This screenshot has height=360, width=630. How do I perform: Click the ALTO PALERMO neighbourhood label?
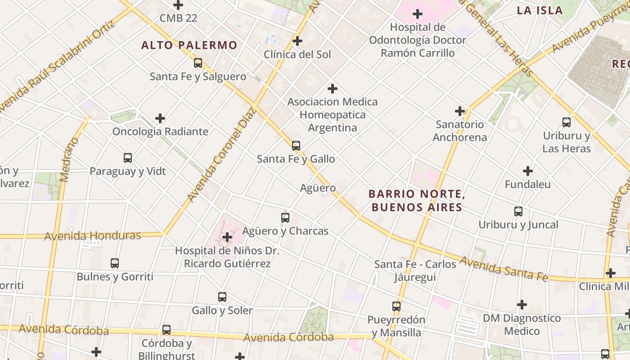pos(189,45)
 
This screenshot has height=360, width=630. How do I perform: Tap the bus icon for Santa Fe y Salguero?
pos(198,63)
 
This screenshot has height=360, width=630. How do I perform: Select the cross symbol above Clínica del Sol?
pos(297,41)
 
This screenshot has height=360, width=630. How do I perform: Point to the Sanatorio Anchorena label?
pos(459,130)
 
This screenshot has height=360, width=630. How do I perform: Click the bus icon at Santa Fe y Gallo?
pos(296,146)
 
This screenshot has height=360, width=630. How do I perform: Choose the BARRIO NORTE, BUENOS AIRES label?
pos(416,201)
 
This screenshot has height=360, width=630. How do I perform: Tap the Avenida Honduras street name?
pos(93,236)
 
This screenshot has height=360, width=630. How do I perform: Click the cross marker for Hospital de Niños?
pos(227,237)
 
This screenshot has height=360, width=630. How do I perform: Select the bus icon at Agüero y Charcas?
pos(285,218)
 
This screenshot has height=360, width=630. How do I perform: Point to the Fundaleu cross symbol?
pos(527,171)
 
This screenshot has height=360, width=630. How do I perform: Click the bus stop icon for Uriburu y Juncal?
pos(518,211)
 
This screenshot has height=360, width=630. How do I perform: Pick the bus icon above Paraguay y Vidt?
pos(128,158)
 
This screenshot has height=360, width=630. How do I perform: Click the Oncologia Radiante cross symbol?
pos(160,118)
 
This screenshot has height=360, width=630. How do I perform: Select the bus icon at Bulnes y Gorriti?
pos(115,263)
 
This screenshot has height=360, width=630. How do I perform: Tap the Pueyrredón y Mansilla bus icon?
pos(396,306)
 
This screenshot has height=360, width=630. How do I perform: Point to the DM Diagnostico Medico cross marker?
pos(522,305)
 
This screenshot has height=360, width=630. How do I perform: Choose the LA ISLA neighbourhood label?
pos(540,10)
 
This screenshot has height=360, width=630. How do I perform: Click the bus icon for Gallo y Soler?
pos(222,297)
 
